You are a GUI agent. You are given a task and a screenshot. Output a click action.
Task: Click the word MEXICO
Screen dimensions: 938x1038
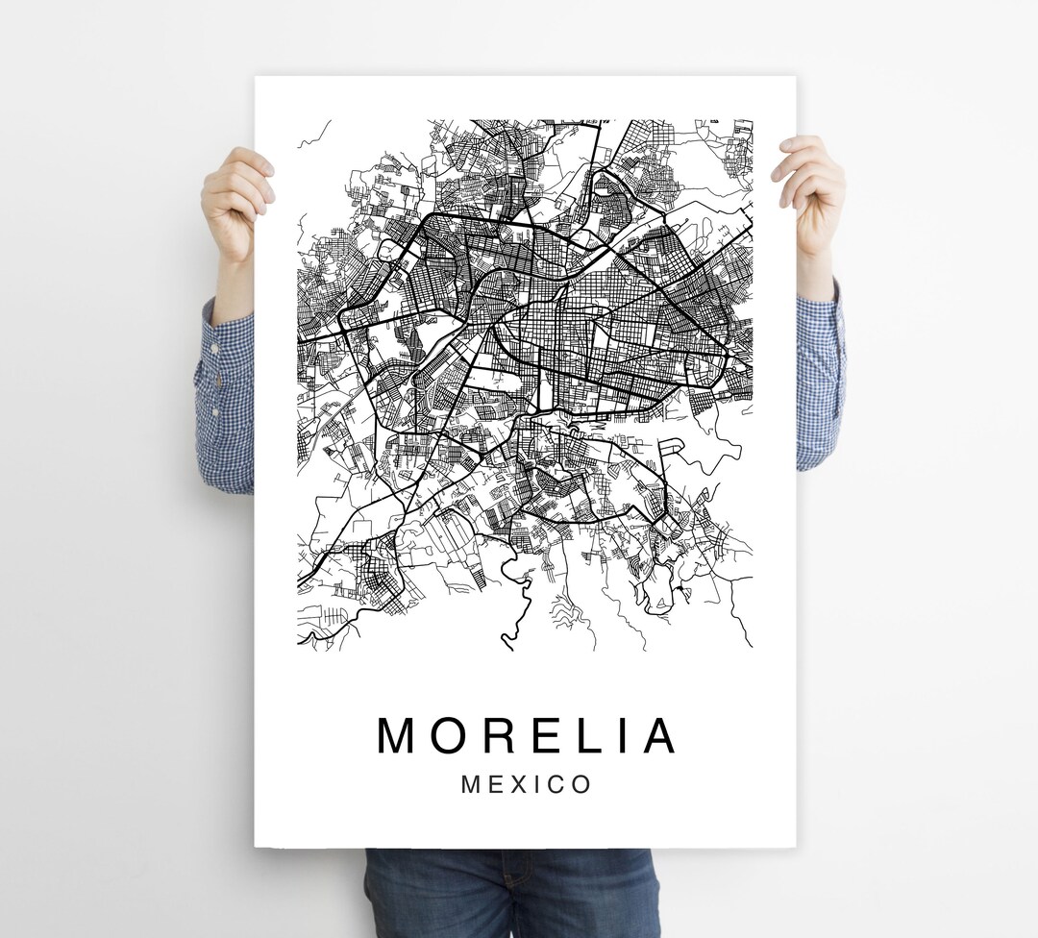click(527, 784)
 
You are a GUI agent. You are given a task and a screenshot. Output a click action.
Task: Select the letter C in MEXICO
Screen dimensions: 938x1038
click(556, 784)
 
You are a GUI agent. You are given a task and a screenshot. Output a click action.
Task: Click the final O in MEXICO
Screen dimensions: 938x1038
click(581, 784)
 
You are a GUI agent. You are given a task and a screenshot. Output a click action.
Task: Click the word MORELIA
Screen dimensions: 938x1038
click(527, 736)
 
